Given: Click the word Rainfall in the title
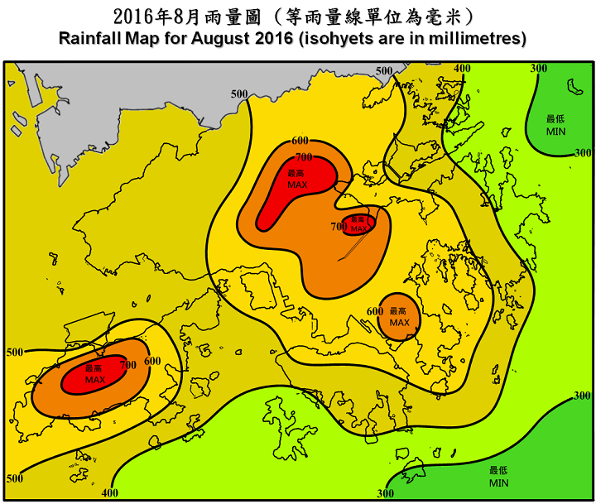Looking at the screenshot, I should click(x=92, y=39).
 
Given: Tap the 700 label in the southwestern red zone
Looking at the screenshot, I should click(x=128, y=364).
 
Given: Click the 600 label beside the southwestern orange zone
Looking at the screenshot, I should click(x=152, y=361).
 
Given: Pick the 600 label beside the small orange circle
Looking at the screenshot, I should click(x=375, y=311).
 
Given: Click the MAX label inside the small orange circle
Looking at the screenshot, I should click(x=400, y=322).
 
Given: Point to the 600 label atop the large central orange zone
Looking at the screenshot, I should click(x=300, y=141).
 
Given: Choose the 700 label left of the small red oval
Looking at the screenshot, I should click(x=339, y=226).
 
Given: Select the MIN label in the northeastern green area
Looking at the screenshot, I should click(x=556, y=132).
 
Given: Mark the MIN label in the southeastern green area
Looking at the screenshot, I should click(x=498, y=482).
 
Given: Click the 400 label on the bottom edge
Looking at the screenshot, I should click(x=109, y=493).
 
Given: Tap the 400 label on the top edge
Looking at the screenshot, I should click(x=463, y=68).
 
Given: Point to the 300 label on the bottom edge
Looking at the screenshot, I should click(x=385, y=494).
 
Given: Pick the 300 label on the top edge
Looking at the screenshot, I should click(x=539, y=68).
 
